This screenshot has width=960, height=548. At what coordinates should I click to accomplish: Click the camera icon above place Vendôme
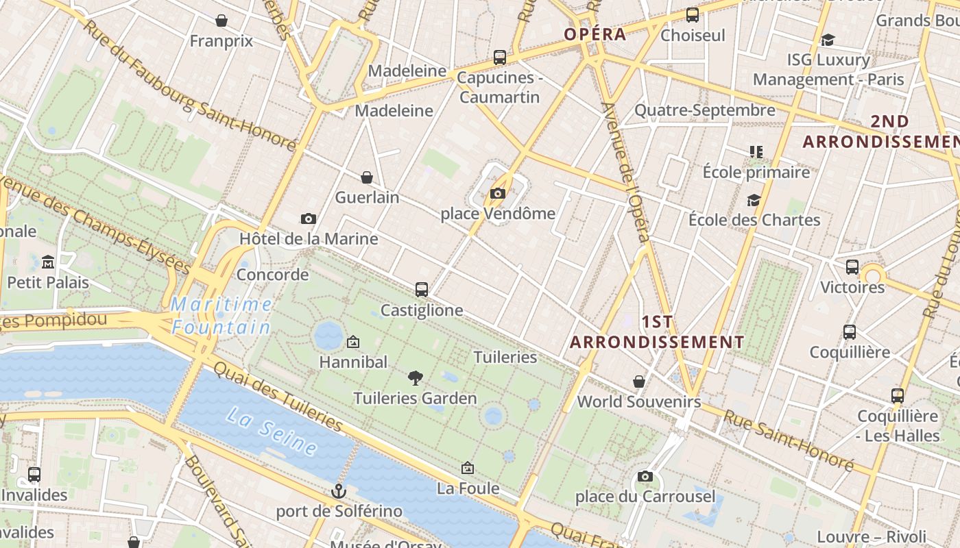point(498,194)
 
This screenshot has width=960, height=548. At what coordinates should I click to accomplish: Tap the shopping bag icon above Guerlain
point(367,177)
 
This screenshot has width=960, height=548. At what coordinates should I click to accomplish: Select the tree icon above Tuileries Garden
point(415,377)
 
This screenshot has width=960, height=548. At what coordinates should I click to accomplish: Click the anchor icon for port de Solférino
point(338,490)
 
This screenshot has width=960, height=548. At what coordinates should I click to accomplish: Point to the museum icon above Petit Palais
point(48,262)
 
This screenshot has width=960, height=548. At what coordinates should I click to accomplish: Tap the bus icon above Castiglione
point(422,290)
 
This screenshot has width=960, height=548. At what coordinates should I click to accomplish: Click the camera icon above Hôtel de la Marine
point(309,219)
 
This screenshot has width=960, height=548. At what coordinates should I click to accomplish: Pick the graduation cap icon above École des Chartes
point(754,200)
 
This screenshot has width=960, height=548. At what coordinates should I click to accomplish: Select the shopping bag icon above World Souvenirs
point(639,381)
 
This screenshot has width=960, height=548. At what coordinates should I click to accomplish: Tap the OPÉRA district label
point(595,34)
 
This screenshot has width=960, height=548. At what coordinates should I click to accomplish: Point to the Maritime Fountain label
point(221,316)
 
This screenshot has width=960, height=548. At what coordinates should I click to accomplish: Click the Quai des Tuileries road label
point(278,397)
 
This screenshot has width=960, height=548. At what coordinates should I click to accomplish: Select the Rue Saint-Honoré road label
point(788,442)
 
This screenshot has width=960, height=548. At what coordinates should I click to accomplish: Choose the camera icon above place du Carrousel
point(645,476)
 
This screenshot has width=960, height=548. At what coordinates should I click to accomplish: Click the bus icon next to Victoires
point(852,267)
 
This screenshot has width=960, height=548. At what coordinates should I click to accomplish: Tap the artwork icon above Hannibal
point(353,341)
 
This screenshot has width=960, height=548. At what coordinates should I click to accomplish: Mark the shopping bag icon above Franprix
point(221,21)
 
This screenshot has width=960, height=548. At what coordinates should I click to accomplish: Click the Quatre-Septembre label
point(704,110)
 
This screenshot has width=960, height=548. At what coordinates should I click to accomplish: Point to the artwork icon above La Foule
point(468,468)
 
